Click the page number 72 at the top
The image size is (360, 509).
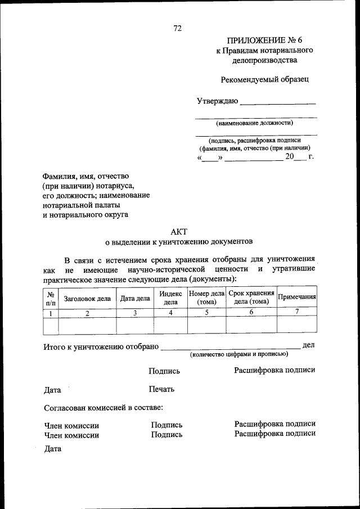[x=178, y=28]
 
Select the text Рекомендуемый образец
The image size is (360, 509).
[x=264, y=79]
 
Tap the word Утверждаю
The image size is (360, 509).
[x=217, y=101]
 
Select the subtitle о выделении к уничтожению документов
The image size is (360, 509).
[x=179, y=241]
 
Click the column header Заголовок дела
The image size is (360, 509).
[x=87, y=299]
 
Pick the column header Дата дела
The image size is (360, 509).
[x=135, y=299]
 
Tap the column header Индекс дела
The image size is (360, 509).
[x=170, y=298]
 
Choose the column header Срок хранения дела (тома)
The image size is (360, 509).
[x=251, y=298]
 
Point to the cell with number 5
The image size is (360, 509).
[x=206, y=312]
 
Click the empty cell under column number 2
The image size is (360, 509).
[x=87, y=325]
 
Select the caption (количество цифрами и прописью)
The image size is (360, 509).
[x=239, y=354]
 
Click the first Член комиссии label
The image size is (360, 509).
[x=71, y=425]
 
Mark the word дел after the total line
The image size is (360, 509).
[x=308, y=345]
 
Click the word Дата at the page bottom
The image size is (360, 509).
[x=52, y=449]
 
